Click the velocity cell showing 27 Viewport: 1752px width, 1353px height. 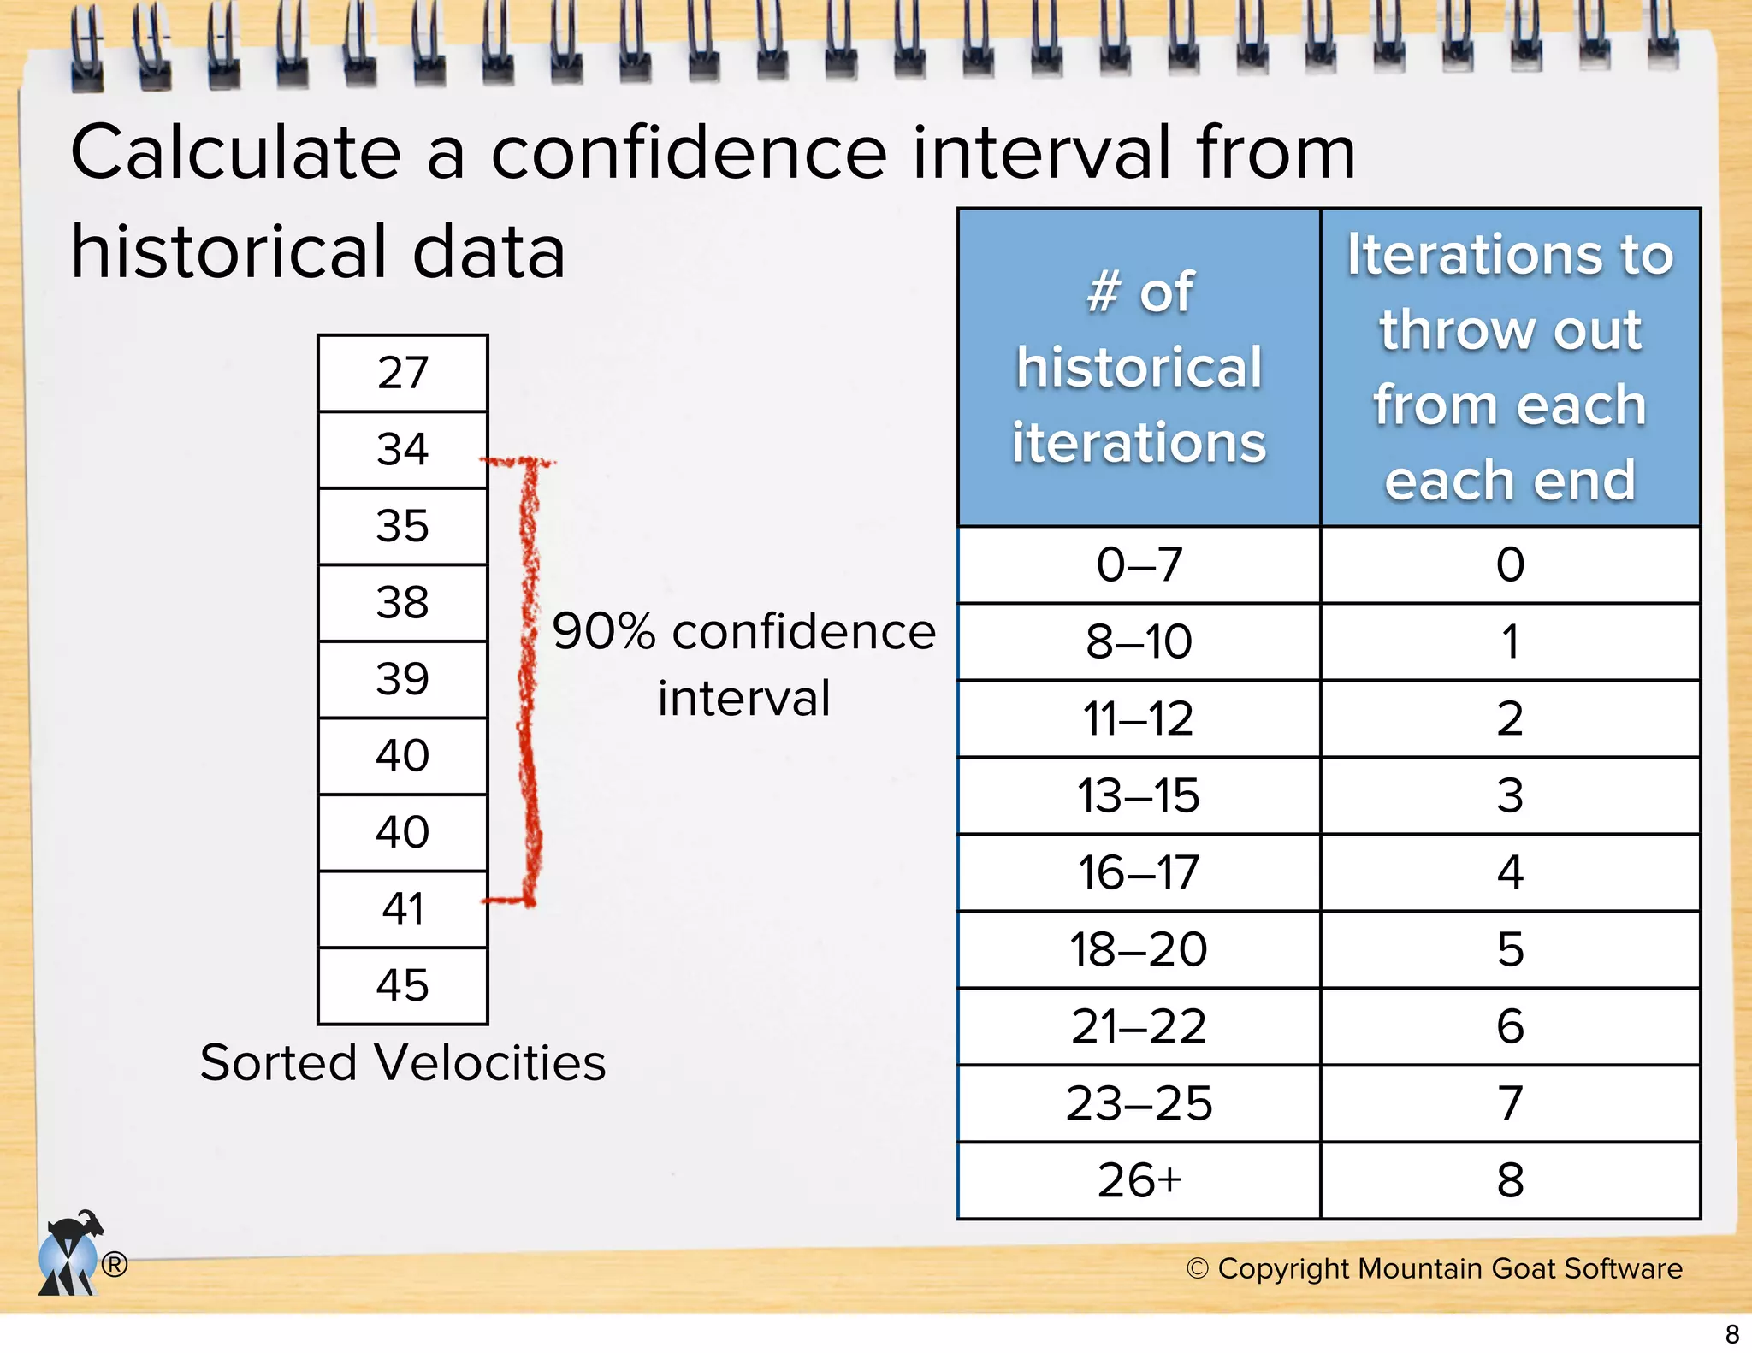pos(402,373)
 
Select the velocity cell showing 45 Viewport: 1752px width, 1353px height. pos(402,985)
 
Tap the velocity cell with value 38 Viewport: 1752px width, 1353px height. pos(402,602)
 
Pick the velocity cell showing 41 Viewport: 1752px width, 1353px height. pos(402,909)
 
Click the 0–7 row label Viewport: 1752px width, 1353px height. pos(1139,565)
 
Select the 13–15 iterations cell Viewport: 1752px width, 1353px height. pos(1139,796)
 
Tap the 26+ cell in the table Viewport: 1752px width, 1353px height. pos(1139,1181)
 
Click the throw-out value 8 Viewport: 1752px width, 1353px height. pos(1510,1181)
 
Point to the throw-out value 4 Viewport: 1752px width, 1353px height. pos(1510,873)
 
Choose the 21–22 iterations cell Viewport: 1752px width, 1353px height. pos(1139,1027)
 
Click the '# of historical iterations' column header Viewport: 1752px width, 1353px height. pos(1139,368)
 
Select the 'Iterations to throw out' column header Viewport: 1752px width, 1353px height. pos(1510,368)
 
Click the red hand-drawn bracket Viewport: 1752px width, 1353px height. pos(530,684)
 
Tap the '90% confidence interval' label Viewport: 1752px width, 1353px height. pos(743,665)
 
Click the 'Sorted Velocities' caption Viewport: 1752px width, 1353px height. pos(402,1063)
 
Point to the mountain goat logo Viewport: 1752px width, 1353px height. pos(70,1255)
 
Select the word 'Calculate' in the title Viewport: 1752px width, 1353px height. pos(235,153)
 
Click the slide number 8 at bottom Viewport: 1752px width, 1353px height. pos(1732,1334)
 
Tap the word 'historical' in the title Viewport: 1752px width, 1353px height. pos(229,252)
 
